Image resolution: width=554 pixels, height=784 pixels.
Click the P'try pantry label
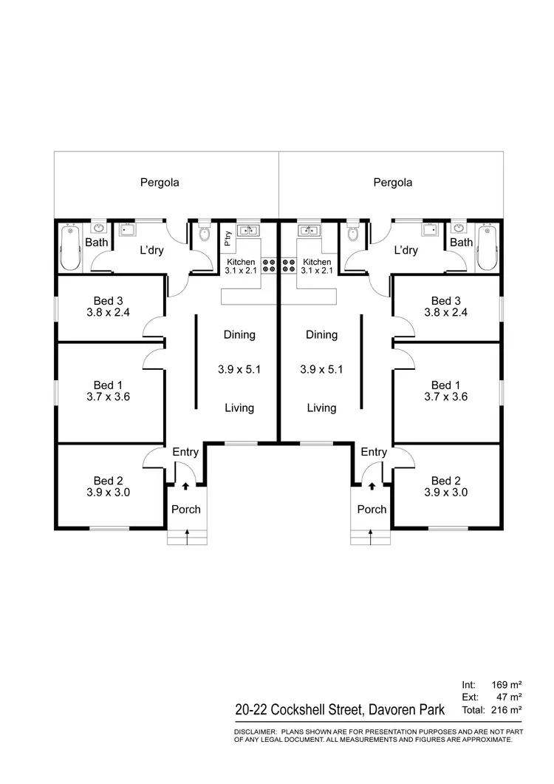click(x=228, y=239)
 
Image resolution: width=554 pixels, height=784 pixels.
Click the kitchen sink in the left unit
click(x=250, y=230)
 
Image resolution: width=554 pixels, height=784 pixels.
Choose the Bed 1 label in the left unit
click(x=103, y=385)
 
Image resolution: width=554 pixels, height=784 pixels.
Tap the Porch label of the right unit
click(x=372, y=509)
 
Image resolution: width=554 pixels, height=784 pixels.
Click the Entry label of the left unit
click(x=185, y=452)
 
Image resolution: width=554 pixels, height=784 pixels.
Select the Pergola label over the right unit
click(x=392, y=182)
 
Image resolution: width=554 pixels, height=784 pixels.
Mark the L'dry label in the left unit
click(x=151, y=250)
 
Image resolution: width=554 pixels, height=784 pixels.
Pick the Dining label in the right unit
click(x=321, y=334)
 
